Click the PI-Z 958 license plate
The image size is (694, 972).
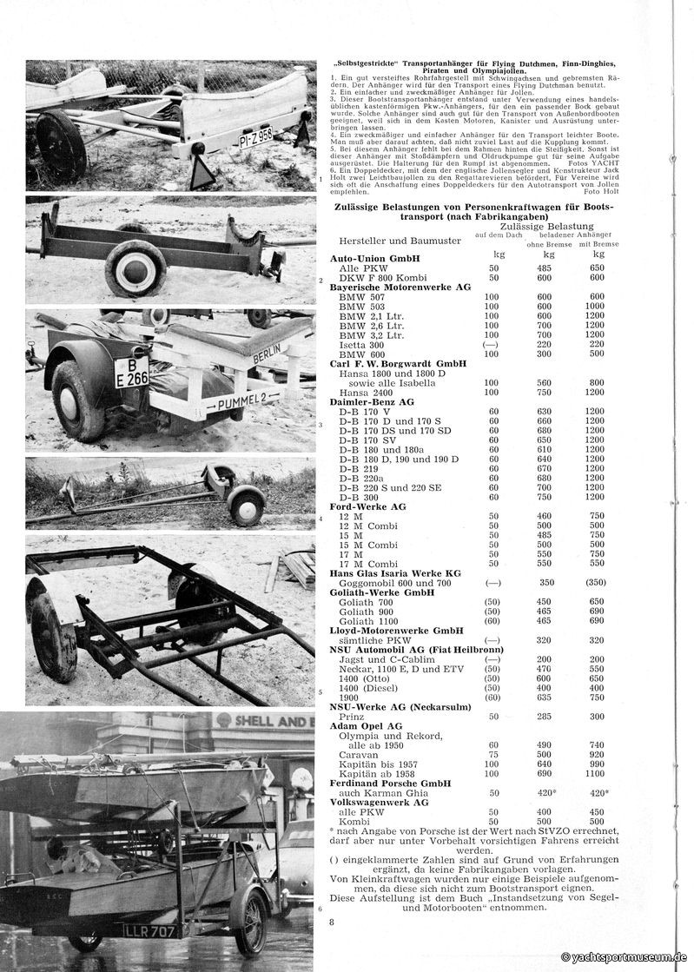tap(255, 136)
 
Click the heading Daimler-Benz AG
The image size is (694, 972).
tap(373, 402)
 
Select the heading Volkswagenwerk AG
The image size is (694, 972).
tap(379, 803)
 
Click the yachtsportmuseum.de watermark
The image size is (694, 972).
tap(624, 956)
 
